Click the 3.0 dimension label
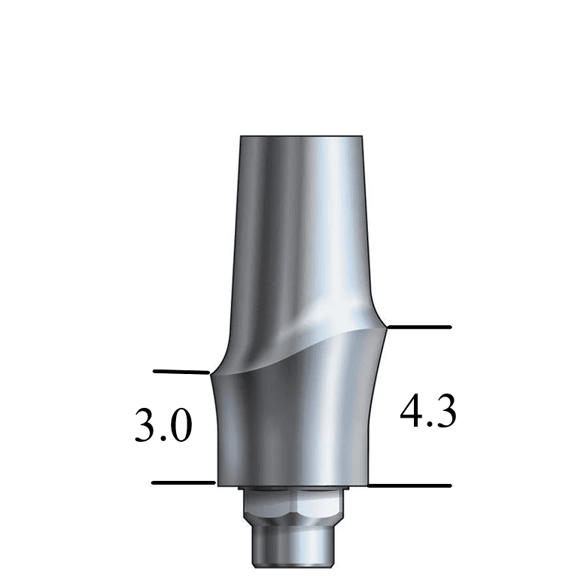point(163,425)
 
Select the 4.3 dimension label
point(427,412)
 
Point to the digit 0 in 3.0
point(180,425)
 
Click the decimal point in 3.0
point(164,439)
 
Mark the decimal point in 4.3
point(428,425)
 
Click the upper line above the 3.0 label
point(181,371)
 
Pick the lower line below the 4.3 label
point(410,486)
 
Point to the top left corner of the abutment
point(240,138)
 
